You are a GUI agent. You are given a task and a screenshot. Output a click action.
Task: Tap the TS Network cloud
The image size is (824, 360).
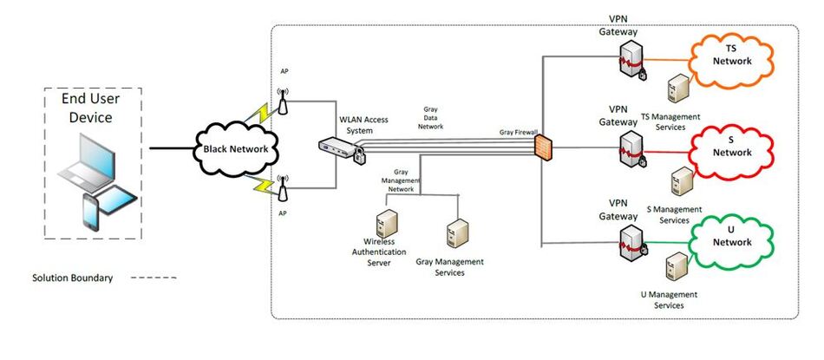[731, 56]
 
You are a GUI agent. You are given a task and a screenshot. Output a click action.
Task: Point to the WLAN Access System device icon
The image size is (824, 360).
[338, 149]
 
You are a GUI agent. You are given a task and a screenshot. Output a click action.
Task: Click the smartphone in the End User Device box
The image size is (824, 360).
[91, 213]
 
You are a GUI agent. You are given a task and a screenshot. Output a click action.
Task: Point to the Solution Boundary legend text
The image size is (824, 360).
[72, 278]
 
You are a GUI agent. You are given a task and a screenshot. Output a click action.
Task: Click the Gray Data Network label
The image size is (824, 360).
[431, 120]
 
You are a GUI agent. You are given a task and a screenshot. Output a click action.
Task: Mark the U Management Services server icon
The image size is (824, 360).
[671, 265]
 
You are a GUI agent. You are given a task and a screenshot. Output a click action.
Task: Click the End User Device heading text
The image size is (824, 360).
[92, 108]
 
